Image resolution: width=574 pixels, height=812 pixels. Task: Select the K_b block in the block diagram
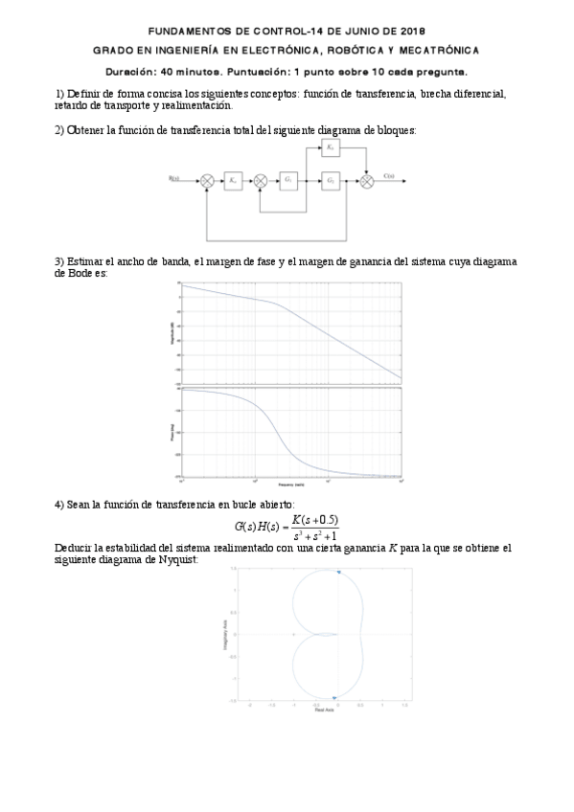coord(330,148)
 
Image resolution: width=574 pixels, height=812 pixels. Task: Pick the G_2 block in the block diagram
coord(330,179)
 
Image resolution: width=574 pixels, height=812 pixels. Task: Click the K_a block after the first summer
coord(234,179)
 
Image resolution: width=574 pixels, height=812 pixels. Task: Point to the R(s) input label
coord(174,177)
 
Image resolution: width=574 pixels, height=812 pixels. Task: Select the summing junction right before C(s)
coord(366,180)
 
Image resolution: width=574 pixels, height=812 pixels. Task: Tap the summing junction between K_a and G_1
coord(262,180)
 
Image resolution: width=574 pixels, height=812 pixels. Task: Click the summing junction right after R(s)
coord(207,180)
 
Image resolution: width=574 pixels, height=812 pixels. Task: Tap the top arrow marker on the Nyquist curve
coord(337,573)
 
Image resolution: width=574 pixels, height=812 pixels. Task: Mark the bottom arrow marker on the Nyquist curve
coord(333,698)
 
